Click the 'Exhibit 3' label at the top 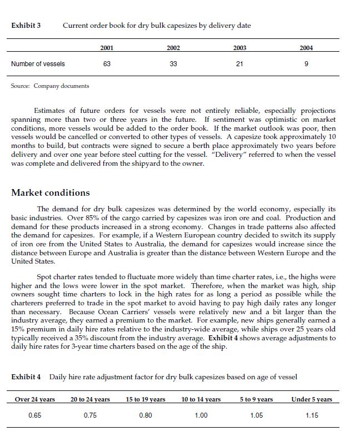click(x=26, y=26)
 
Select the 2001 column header click(x=107, y=48)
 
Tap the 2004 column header click(x=306, y=48)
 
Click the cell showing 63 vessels click(x=107, y=64)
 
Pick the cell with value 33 click(x=173, y=64)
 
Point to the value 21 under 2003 click(x=239, y=64)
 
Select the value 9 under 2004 click(x=306, y=64)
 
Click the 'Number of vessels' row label click(x=38, y=64)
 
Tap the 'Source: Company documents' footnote click(x=50, y=86)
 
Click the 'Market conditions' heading click(x=50, y=193)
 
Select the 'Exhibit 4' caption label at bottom click(x=26, y=378)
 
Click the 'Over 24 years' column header click(x=34, y=399)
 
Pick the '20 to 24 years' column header click(x=90, y=399)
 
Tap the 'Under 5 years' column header click(x=312, y=399)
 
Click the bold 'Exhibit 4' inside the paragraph click(x=222, y=338)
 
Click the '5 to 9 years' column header click(x=257, y=399)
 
